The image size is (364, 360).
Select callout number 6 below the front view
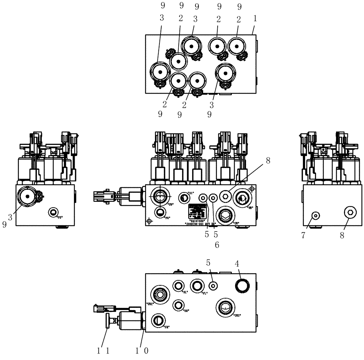tap(217, 245)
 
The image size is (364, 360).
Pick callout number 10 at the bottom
tap(142, 351)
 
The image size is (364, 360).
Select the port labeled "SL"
tap(178, 286)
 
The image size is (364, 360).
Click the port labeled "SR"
tap(178, 304)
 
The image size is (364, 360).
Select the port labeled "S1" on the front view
tap(184, 197)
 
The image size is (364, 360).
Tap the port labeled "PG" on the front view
tap(159, 212)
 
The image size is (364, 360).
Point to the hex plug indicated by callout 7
tap(315, 216)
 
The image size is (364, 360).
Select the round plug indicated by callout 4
tap(242, 285)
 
